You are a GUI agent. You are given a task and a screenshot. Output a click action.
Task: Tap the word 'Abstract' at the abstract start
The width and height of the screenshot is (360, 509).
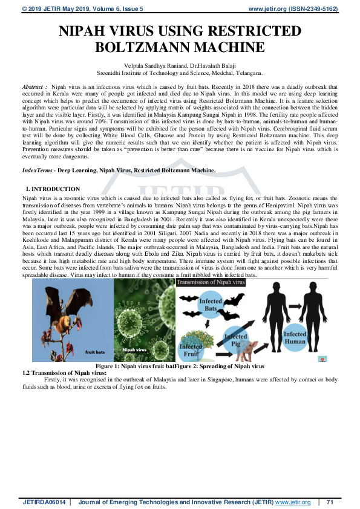point(34,87)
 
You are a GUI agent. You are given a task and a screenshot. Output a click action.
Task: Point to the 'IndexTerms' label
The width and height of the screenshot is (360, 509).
point(37,170)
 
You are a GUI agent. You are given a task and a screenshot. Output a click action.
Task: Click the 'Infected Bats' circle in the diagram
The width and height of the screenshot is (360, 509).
point(211,305)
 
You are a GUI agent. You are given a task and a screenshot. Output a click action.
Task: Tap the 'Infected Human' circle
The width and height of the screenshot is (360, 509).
point(295,338)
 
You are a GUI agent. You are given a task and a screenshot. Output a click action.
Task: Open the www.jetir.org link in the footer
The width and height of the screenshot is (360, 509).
point(293,502)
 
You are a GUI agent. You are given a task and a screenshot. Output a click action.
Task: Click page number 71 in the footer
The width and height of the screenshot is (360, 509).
point(330,502)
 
